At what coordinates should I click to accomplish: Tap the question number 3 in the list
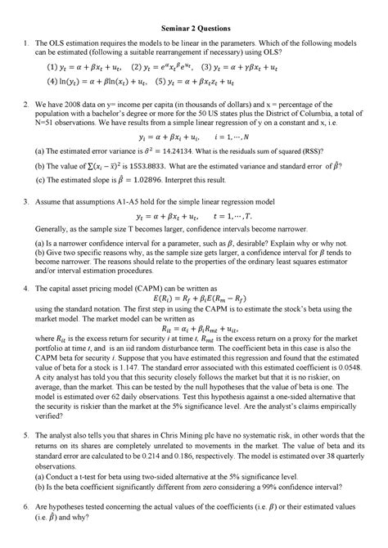(29, 200)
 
